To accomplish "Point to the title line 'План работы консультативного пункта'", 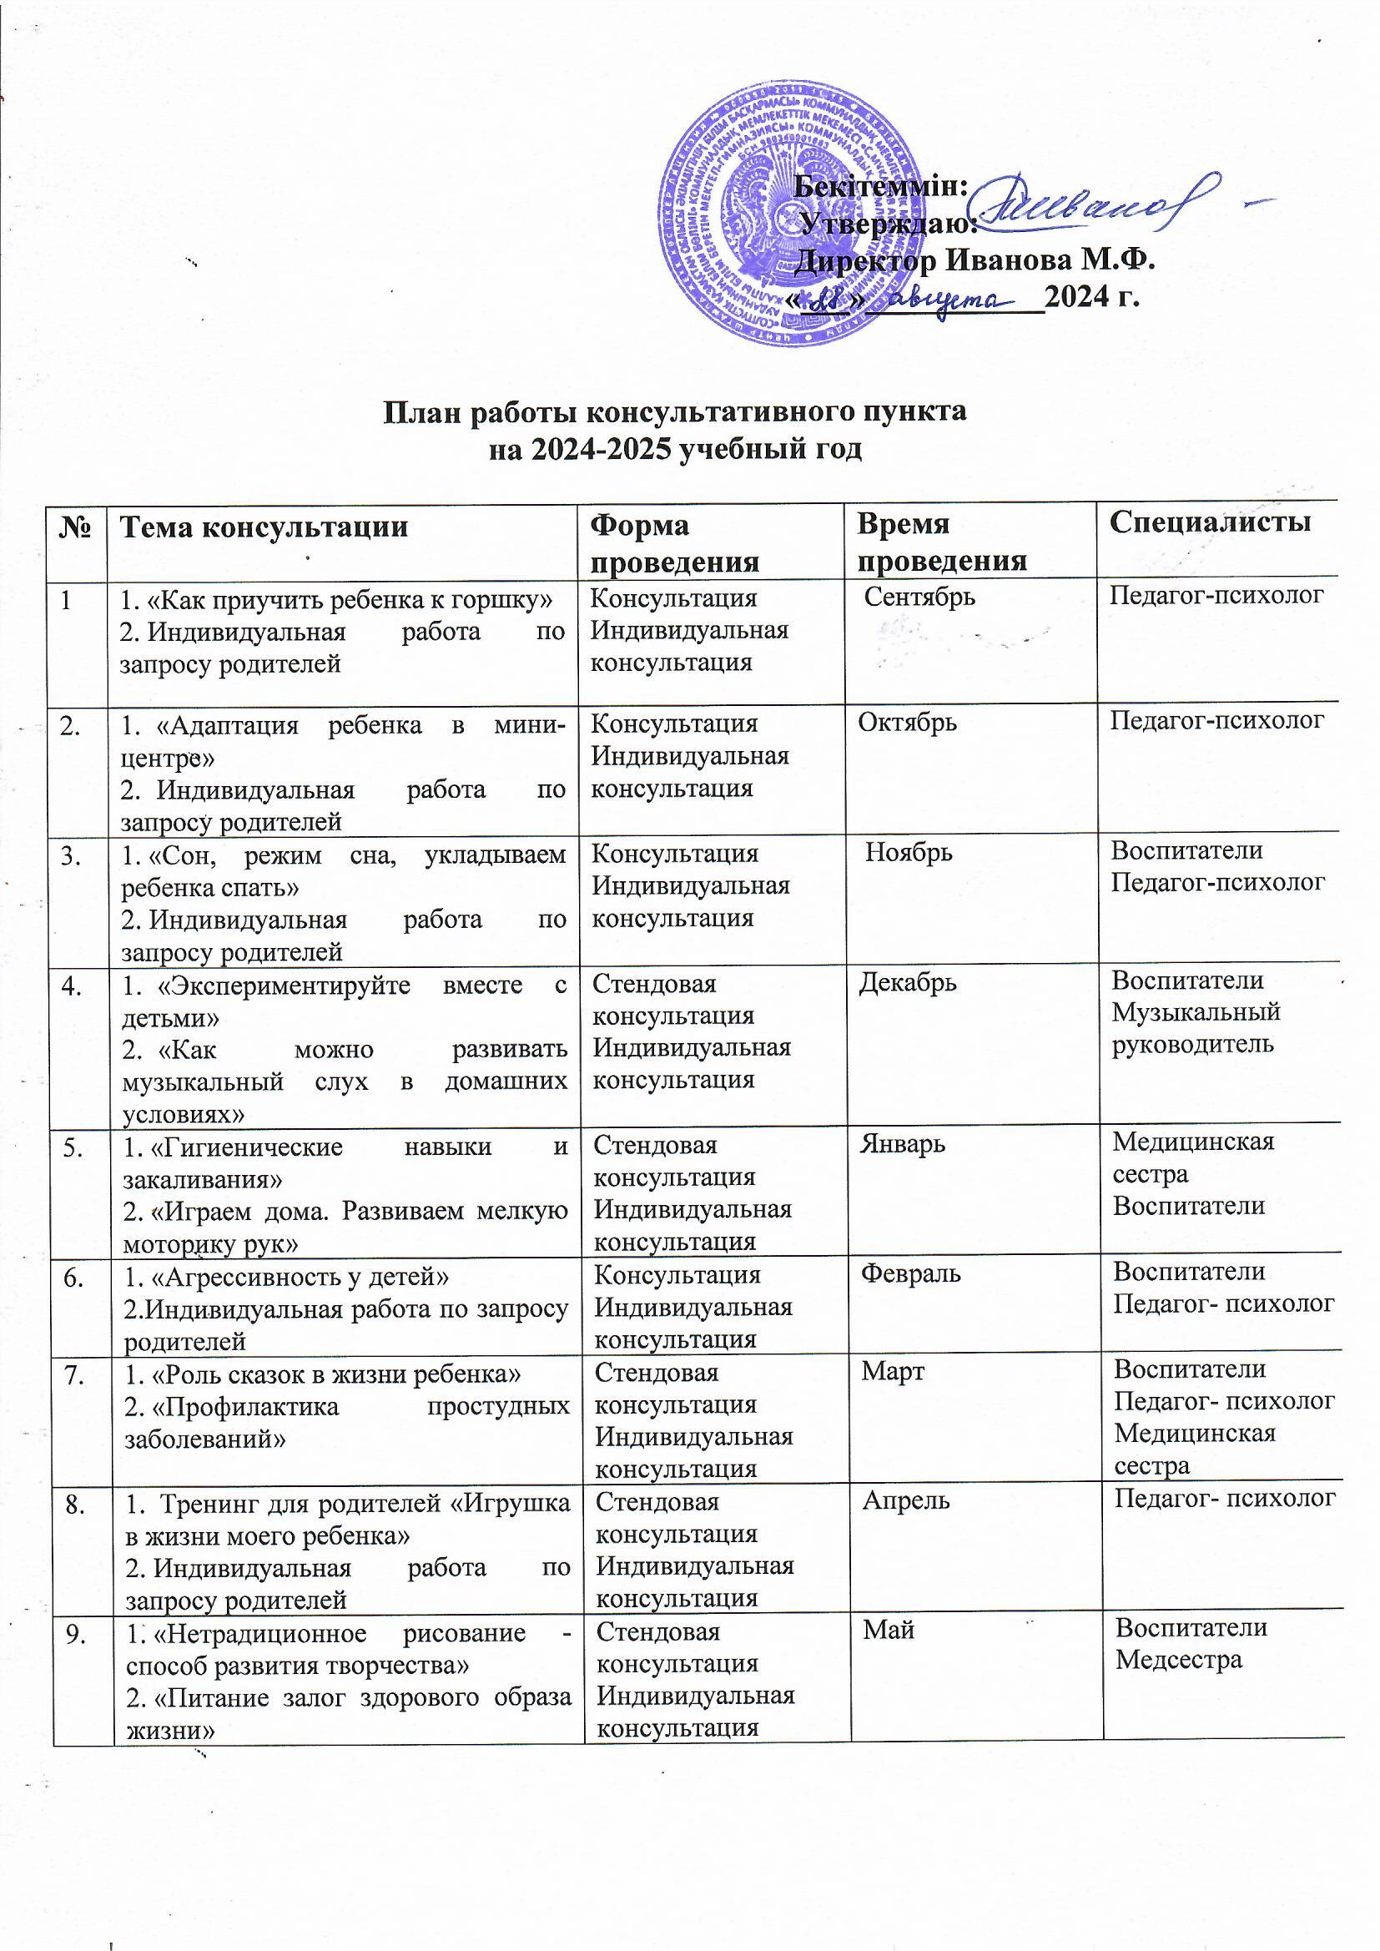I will point(675,412).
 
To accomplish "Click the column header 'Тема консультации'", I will point(264,527).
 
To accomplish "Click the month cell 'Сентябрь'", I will point(919,597).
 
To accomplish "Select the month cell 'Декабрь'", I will point(908,982).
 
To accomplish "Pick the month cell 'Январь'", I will point(903,1144).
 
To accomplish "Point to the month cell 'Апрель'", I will point(906,1500).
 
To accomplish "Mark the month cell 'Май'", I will point(889,1629).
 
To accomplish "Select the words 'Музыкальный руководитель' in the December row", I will point(1196,1027).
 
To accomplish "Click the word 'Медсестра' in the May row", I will point(1179,1659).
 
